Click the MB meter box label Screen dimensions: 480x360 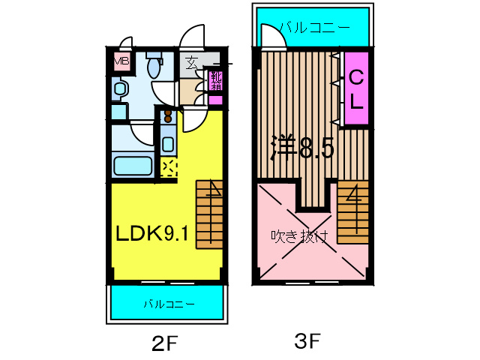coord(121,61)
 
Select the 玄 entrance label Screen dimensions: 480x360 coord(192,63)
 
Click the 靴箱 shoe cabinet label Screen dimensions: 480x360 coord(216,80)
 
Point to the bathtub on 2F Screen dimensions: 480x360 coord(133,166)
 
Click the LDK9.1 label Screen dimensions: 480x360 coord(151,234)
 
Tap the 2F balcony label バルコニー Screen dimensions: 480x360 coord(169,304)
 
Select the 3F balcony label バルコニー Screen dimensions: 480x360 coord(314,28)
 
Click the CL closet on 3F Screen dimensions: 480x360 coord(356,88)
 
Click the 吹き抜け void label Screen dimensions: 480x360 coord(300,236)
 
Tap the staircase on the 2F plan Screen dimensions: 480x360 coord(209,214)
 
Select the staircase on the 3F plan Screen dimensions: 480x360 coord(353,212)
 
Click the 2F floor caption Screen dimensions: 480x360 coord(164,343)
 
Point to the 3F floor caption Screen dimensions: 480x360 coord(307,340)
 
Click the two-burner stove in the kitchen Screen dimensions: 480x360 coord(168,116)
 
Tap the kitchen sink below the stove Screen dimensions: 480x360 coord(168,144)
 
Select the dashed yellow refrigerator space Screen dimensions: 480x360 coord(169,168)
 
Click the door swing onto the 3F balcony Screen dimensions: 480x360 coord(274,36)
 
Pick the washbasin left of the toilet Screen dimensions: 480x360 coord(120,88)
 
